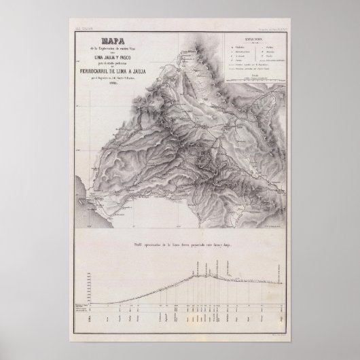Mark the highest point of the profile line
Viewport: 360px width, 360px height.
pyautogui.click(x=198, y=272)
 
